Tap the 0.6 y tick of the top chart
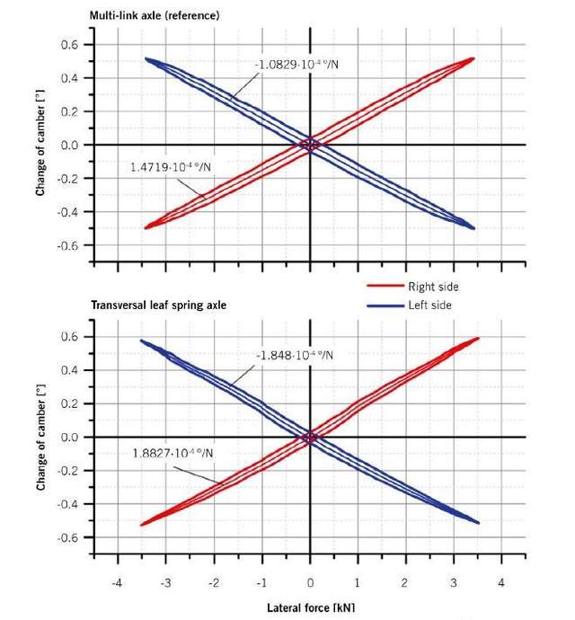[70, 44]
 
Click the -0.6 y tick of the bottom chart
[68, 537]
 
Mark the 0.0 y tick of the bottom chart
[70, 437]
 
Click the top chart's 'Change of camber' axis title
[40, 145]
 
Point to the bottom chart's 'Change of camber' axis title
[40, 437]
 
